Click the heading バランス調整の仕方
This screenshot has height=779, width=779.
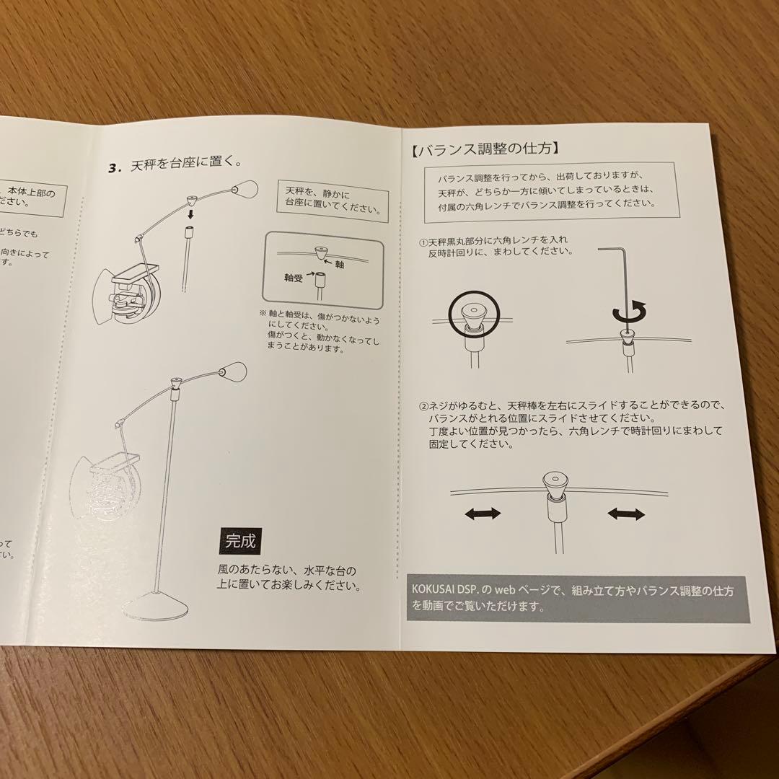pos(498,150)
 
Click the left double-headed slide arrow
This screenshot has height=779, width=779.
pos(482,514)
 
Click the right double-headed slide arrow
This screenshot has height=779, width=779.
pos(625,514)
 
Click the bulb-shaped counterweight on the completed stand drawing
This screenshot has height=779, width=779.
pos(233,372)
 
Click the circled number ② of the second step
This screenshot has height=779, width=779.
pos(424,406)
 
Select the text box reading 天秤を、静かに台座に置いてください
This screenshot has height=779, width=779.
pos(330,200)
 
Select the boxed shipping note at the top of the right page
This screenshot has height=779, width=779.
pos(549,190)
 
